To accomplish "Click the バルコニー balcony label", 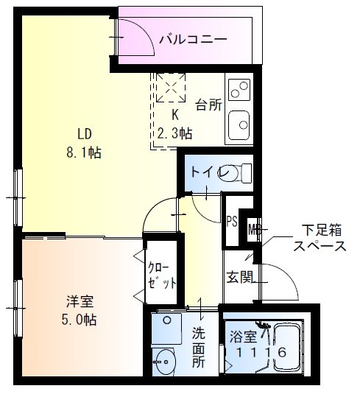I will click(x=194, y=38).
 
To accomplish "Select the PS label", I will click(x=231, y=221).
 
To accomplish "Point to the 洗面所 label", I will click(x=199, y=348).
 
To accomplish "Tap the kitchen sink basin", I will click(x=239, y=124).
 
